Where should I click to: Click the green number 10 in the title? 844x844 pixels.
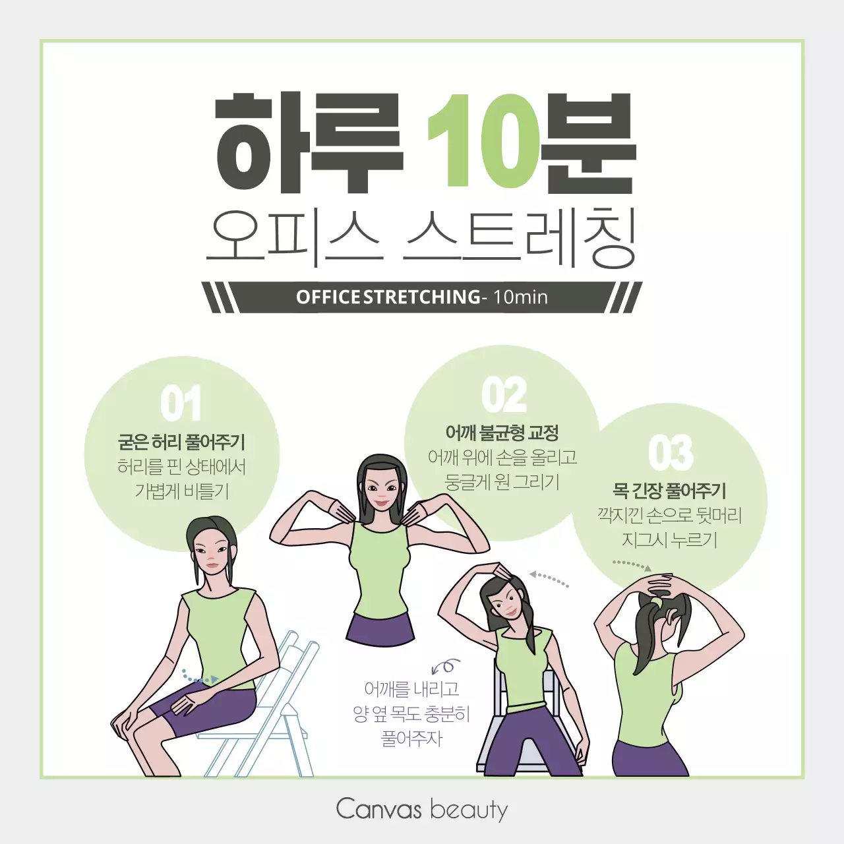pos(483,141)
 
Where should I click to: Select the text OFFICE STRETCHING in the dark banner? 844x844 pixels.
pos(388,297)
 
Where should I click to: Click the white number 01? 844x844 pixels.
pos(181,404)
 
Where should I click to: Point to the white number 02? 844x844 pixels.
pos(504,395)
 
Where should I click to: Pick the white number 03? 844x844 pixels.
pos(671,452)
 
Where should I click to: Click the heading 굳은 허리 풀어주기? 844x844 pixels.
pos(181,442)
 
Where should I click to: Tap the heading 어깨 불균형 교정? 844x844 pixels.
pos(502,433)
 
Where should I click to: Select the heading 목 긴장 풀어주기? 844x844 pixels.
pos(669,491)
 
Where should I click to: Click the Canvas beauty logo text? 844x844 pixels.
pos(422,809)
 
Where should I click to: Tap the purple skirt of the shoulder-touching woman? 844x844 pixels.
pos(380,628)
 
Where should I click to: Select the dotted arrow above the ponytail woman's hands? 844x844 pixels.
pos(632,565)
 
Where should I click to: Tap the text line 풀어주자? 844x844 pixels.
pos(412,738)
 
